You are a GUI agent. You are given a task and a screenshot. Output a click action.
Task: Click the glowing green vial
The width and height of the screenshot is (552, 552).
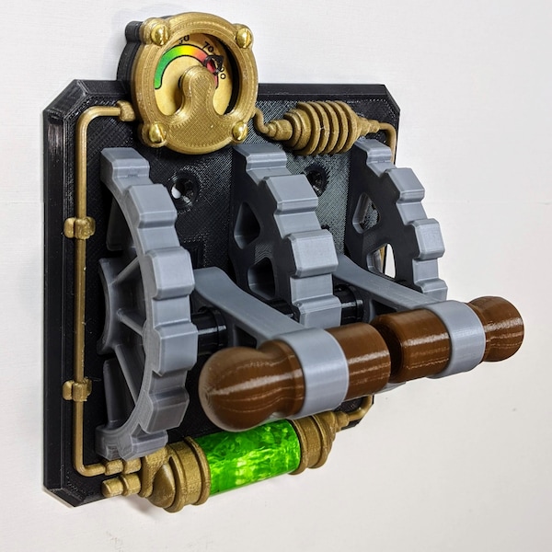[x=249, y=453]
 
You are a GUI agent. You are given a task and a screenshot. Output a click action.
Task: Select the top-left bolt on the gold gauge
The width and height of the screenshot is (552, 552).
[x=158, y=35]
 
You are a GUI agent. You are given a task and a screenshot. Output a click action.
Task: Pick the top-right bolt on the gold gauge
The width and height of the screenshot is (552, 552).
[x=243, y=38]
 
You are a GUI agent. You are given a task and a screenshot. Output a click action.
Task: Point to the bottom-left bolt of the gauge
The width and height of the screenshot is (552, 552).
[x=155, y=132]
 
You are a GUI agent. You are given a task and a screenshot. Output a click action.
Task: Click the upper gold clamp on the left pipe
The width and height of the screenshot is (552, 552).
[x=80, y=226]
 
